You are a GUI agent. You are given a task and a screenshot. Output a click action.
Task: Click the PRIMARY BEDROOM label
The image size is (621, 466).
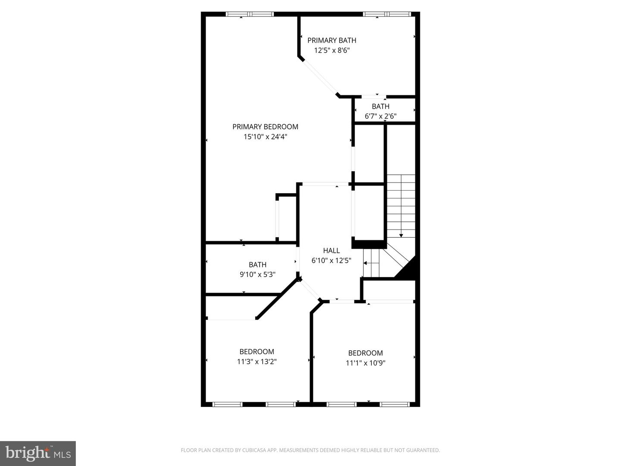tap(265, 126)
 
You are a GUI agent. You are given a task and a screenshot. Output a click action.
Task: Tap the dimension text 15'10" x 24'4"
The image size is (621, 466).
tap(265, 137)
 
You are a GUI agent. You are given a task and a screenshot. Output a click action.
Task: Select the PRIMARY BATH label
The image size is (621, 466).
tap(332, 40)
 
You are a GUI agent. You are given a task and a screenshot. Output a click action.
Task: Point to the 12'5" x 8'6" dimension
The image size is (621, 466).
tap(332, 50)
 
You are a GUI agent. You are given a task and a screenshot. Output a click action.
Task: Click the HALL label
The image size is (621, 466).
tap(331, 250)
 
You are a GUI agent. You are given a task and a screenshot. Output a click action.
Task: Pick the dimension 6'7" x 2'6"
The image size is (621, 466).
tap(380, 116)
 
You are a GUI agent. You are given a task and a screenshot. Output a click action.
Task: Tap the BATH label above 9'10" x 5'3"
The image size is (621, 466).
tap(257, 264)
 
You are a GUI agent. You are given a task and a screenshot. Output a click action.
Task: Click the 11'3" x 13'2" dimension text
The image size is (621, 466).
tap(257, 362)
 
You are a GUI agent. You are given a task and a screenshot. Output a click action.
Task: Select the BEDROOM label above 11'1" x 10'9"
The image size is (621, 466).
tap(365, 353)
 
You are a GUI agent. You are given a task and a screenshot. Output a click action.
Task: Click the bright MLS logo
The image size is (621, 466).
tap(38, 453)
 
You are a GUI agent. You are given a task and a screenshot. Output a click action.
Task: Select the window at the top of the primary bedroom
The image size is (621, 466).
tap(250, 14)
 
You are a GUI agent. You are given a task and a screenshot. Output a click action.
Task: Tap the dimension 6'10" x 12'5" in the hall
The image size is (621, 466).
tap(331, 261)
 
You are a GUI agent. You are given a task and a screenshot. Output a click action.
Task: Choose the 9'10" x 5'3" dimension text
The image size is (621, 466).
tap(257, 274)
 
